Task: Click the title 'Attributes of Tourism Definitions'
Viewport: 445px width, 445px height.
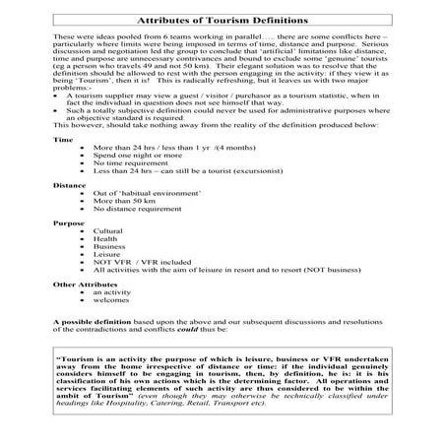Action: coord(222,19)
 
